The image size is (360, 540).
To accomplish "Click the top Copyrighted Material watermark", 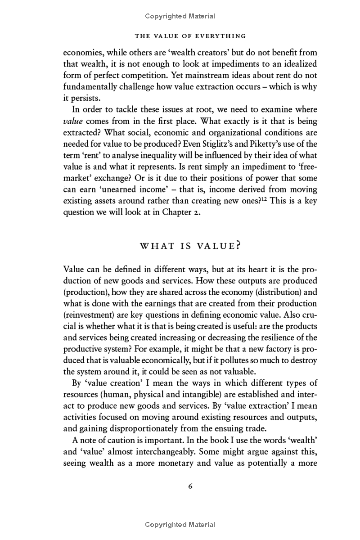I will [180, 16].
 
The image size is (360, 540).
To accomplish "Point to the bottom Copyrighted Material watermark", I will [180, 525].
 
